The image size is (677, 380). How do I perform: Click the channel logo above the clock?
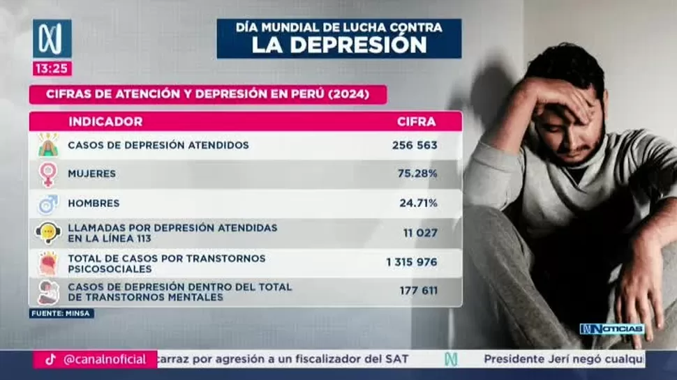coord(52,38)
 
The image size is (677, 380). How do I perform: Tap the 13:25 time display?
coord(52,68)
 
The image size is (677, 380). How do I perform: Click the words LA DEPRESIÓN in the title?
coord(339,45)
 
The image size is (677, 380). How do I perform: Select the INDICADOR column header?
coord(105,121)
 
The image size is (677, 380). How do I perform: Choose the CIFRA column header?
coord(416,121)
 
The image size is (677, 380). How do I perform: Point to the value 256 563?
coord(415,145)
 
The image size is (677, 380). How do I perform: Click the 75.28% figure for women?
coord(418,174)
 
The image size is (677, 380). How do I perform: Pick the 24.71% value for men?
coord(418,203)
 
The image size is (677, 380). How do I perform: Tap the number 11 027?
coord(420,232)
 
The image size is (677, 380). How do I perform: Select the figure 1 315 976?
coord(411,262)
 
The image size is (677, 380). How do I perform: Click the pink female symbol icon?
coord(48,174)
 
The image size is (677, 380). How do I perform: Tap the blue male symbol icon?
coord(48,204)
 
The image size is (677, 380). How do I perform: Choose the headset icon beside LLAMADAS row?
coord(48,232)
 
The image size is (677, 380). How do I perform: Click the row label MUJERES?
coord(91,174)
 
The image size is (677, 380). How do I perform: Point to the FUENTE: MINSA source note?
coord(61,314)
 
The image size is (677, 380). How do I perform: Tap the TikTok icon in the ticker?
coord(50,360)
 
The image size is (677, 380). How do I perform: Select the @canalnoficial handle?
coord(105,360)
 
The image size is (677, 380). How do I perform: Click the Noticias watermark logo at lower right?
coord(611,329)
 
